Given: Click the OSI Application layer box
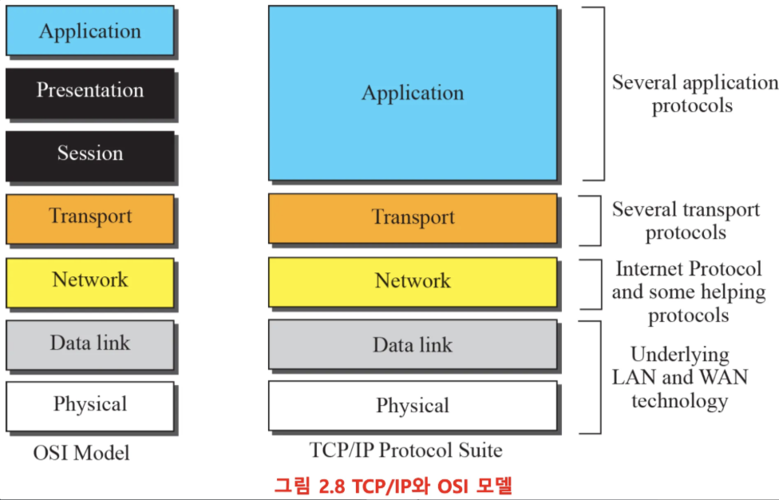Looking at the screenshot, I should click(89, 31).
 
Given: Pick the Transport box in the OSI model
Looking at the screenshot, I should click(89, 218).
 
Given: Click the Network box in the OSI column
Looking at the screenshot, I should click(89, 281).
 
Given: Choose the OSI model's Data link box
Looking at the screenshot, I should click(89, 344).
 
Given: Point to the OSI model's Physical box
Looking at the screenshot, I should click(89, 406).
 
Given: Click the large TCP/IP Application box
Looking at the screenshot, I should click(412, 93).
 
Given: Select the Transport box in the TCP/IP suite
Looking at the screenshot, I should click(412, 218).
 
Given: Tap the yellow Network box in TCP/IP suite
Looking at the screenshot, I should click(412, 281).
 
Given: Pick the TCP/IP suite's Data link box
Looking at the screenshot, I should click(412, 345).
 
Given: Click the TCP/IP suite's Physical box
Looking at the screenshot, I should click(412, 406).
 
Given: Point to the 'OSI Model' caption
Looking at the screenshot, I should click(81, 454).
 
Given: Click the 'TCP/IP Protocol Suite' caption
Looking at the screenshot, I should click(406, 450).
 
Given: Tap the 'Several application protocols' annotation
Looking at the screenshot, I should click(693, 93).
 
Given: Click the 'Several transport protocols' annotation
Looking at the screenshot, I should click(686, 220).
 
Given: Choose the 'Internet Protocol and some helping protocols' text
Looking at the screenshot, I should click(688, 292).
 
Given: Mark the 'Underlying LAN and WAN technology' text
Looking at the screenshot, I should click(679, 377).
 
